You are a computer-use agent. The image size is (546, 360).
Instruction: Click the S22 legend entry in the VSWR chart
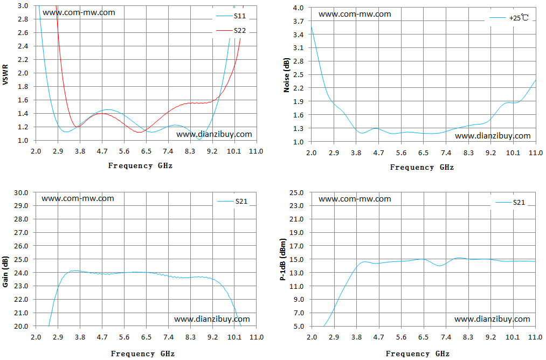pos(231,31)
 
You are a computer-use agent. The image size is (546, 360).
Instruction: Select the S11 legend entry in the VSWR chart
pos(231,16)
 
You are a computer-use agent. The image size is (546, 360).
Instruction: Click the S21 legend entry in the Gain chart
pos(232,201)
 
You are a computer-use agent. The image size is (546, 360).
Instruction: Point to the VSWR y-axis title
pos(5,74)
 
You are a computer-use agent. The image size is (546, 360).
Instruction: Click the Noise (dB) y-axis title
pos(287,75)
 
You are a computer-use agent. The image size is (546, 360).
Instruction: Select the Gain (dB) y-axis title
pos(5,272)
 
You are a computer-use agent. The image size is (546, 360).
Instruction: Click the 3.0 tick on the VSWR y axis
pos(23,6)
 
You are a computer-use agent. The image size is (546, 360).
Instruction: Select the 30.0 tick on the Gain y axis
pos(21,192)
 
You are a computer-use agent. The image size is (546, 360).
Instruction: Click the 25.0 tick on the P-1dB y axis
pos(296,192)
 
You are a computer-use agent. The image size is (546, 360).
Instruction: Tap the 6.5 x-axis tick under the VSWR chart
pos(146,151)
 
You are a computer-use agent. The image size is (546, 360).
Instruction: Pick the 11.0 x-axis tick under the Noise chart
pos(536,153)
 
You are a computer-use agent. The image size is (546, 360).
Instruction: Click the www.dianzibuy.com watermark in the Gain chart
pos(212,319)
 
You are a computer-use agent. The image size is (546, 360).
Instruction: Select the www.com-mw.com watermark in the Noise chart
pos(355,14)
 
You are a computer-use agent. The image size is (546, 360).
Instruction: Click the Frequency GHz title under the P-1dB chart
pos(418,354)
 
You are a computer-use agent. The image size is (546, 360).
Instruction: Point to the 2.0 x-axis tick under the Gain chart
pos(36,337)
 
